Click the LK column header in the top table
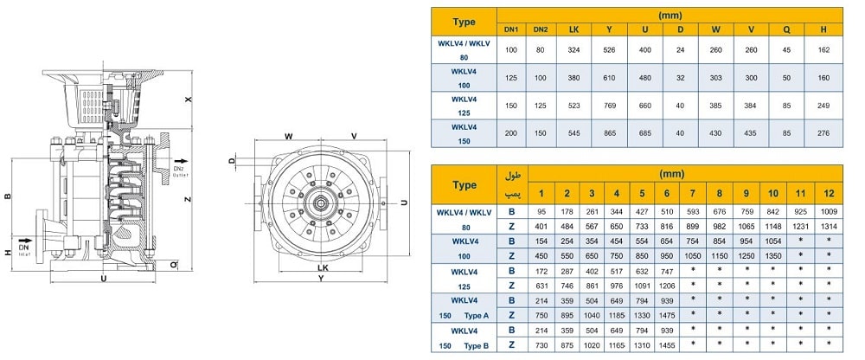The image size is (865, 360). (x=573, y=30)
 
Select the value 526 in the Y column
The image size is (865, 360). (x=609, y=50)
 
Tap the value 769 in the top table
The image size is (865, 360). (x=609, y=106)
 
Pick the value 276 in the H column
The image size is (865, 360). (x=823, y=133)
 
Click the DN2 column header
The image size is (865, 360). (x=540, y=30)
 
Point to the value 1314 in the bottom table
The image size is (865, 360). (x=829, y=225)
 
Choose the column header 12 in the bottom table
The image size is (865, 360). (x=829, y=193)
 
